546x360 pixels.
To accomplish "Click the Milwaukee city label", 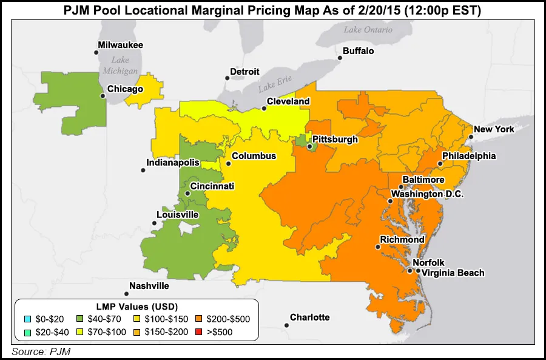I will tap(121, 45).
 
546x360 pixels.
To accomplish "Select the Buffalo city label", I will tap(359, 51).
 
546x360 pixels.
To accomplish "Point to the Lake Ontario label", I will tap(368, 30).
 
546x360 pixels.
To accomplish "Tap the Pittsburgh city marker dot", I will tap(309, 146).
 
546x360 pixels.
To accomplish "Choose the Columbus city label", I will tap(254, 156).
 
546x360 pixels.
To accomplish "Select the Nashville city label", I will tap(149, 286).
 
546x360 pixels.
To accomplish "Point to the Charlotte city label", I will tap(309, 318).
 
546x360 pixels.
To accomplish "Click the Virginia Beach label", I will tap(453, 273).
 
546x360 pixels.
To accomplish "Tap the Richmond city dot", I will tap(377, 247).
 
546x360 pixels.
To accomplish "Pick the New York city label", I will tap(494, 129).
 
